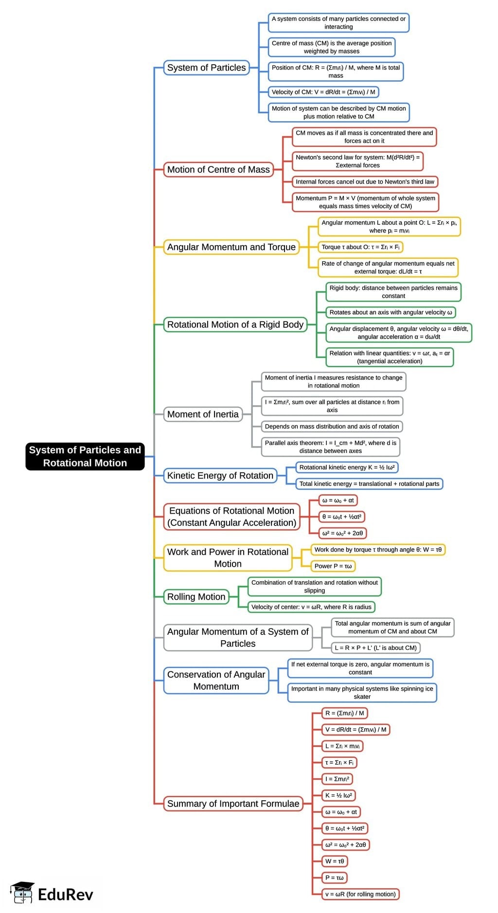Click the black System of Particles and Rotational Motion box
coord(85,456)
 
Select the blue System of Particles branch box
coord(206,68)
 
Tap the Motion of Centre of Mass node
coord(218,169)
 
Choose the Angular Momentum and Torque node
coord(231,247)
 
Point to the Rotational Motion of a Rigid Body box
coord(235,324)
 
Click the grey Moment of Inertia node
coord(203,414)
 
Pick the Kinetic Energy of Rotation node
coord(220,475)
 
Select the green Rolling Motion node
coord(196,596)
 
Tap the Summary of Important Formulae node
coord(233,804)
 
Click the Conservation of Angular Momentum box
coord(216,680)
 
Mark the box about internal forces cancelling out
coord(365,181)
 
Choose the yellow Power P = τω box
coord(333,566)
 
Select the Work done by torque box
coord(378,550)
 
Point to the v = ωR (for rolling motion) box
coord(360,894)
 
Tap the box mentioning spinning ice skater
coord(362,693)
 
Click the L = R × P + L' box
coord(375,648)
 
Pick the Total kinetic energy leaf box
coord(369,483)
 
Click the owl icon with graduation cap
coord(22,893)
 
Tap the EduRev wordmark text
coord(66,894)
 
